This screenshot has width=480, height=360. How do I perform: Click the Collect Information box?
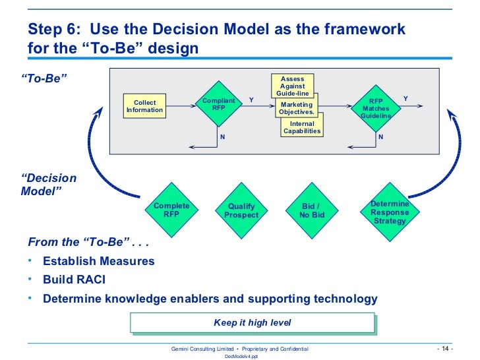pyautogui.click(x=144, y=107)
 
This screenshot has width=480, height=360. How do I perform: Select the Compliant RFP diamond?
pyautogui.click(x=218, y=105)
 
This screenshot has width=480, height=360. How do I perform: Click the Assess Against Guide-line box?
pyautogui.click(x=292, y=86)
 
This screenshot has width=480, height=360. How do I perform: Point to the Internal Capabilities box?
pyautogui.click(x=302, y=127)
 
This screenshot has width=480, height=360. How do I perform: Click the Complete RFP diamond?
pyautogui.click(x=171, y=210)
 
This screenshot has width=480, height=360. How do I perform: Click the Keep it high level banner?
pyautogui.click(x=253, y=323)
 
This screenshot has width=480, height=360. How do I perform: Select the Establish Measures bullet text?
pyautogui.click(x=99, y=261)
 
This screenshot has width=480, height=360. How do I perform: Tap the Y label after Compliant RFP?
pyautogui.click(x=251, y=100)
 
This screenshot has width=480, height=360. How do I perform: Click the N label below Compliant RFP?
pyautogui.click(x=222, y=137)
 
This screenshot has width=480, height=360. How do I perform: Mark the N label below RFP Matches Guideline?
pyautogui.click(x=380, y=137)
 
